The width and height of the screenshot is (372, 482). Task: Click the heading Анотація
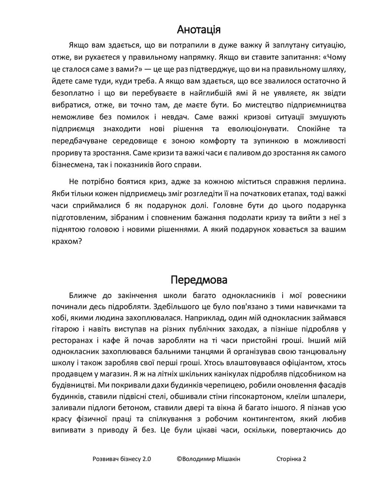point(199,30)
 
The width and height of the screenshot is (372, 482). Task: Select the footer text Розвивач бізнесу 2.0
point(122,459)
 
